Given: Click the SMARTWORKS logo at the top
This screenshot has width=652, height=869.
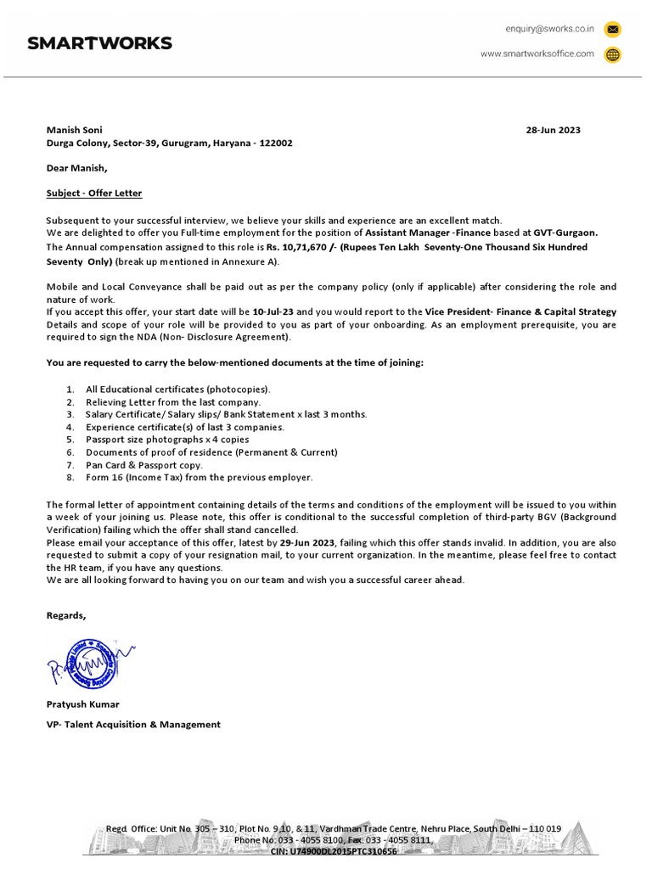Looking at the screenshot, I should (99, 43).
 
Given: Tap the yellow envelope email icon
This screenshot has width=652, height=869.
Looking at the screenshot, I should (612, 30).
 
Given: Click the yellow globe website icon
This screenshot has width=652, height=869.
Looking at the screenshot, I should (612, 54).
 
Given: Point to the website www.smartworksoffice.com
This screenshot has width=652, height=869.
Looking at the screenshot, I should (537, 54).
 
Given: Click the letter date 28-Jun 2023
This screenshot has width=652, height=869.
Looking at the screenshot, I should (554, 131).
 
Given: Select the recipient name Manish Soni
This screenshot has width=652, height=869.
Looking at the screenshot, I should (74, 131).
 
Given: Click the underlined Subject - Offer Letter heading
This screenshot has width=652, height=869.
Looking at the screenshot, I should (94, 193).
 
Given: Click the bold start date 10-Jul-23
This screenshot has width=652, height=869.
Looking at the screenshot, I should (274, 312).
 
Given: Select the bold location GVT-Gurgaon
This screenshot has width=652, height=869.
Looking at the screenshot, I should (565, 233).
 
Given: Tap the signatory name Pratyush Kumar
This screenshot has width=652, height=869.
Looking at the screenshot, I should (82, 704).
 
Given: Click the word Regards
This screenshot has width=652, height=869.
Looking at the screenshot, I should (66, 615).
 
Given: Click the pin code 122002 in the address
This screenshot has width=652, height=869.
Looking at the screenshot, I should (276, 143).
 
